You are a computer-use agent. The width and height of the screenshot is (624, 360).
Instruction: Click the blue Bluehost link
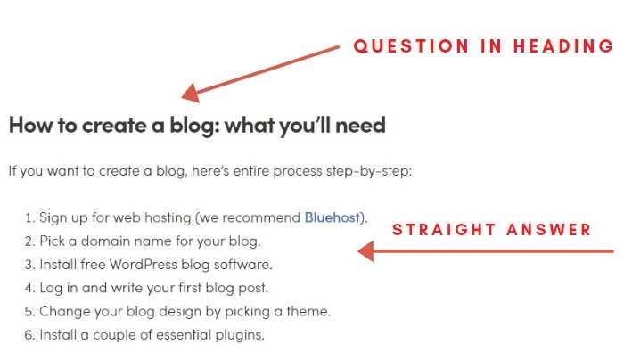coord(332,217)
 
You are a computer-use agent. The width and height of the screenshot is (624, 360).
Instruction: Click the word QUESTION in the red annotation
coord(411,46)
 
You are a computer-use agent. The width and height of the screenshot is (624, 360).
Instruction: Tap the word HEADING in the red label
coord(563,46)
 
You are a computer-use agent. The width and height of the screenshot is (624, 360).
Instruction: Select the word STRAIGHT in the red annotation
coord(444,230)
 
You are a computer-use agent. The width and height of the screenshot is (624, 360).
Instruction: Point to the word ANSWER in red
coord(549,230)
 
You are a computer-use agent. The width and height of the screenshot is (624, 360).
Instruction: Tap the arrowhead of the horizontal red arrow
coord(365,251)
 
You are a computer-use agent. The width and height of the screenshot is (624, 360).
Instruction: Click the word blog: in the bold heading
coord(195,126)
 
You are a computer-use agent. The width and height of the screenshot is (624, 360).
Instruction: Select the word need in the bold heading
coord(360,126)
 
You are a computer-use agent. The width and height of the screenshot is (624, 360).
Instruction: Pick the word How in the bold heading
coord(31,125)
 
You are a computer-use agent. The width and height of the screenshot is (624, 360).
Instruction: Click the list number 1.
coord(29,218)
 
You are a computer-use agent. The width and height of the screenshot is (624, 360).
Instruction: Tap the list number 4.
coord(29,288)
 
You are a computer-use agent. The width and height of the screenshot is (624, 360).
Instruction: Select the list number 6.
coord(29,335)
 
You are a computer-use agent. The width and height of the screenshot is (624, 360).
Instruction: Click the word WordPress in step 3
coord(144,265)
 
